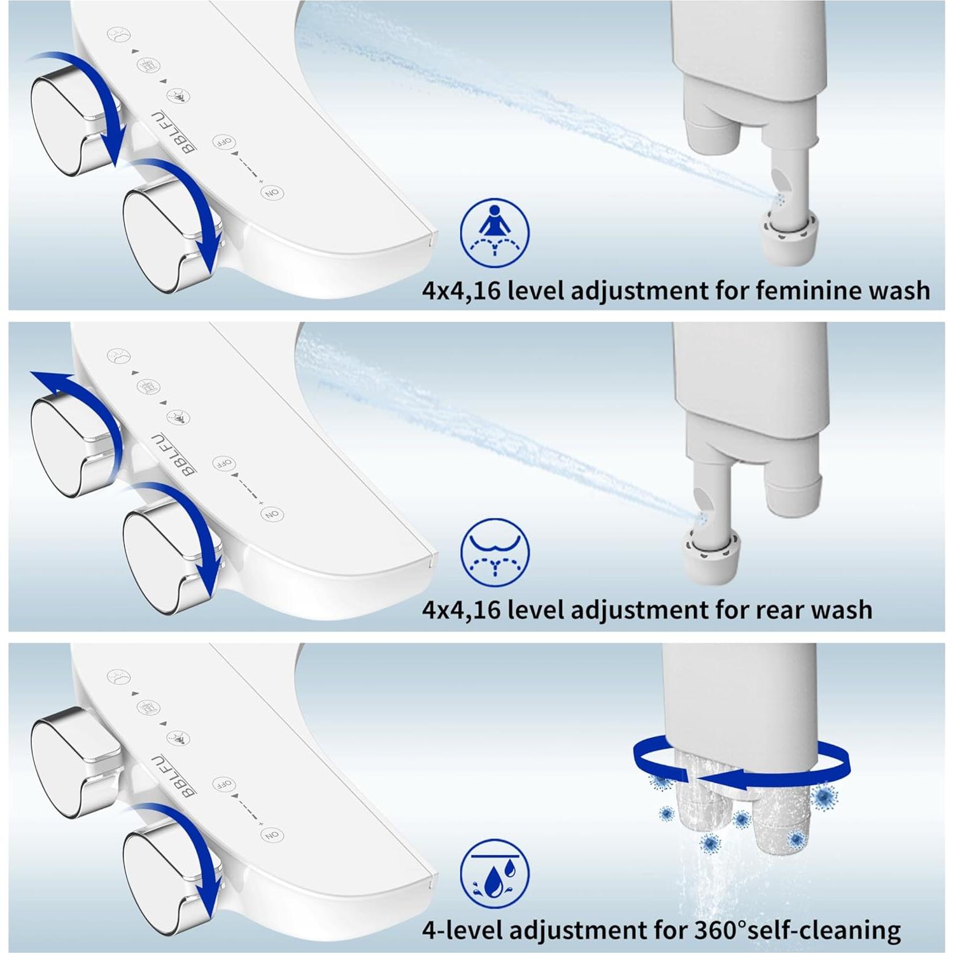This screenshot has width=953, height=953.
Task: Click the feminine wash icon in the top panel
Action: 495,232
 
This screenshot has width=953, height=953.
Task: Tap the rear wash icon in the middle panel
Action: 495,552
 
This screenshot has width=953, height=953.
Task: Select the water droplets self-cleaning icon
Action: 495,873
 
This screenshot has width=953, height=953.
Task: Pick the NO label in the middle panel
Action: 272,514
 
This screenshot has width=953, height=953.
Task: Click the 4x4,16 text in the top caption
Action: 462,291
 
